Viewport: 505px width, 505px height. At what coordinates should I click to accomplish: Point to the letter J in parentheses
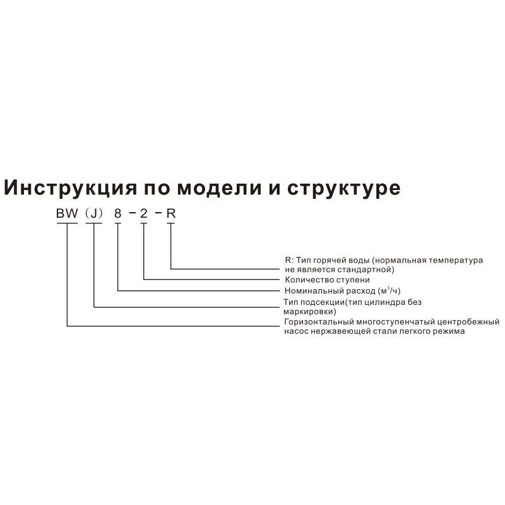pyautogui.click(x=93, y=213)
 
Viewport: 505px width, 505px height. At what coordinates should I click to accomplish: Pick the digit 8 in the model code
pyautogui.click(x=117, y=213)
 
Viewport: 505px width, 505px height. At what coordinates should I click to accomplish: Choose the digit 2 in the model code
pyautogui.click(x=144, y=213)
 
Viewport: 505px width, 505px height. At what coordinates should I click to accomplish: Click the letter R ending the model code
pyautogui.click(x=170, y=213)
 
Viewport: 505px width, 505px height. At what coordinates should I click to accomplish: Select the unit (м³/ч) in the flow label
pyautogui.click(x=388, y=290)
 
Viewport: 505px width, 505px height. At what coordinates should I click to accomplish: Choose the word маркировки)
pyautogui.click(x=311, y=311)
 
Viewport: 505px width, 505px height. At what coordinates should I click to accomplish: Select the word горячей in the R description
pyautogui.click(x=340, y=260)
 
